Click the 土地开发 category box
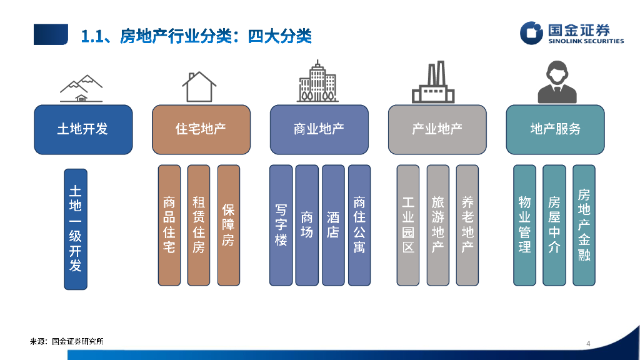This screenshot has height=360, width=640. click(x=83, y=129)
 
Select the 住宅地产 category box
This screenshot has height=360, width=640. click(x=201, y=129)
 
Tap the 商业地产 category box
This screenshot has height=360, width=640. click(x=319, y=129)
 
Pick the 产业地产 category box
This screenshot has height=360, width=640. click(x=437, y=129)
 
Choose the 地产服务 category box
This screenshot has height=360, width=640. click(x=555, y=129)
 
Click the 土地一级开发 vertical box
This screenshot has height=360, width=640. click(x=76, y=229)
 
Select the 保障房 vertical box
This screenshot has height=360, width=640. click(x=228, y=225)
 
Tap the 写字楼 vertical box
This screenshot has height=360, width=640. click(x=281, y=225)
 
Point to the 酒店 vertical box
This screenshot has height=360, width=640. click(x=333, y=225)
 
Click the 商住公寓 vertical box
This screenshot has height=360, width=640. click(x=359, y=225)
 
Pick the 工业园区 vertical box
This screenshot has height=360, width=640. click(x=408, y=225)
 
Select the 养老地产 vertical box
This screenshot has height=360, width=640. click(x=467, y=225)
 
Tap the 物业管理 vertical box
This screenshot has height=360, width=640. click(x=524, y=225)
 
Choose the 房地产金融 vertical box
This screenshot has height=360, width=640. click(x=584, y=225)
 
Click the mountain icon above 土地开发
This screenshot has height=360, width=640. click(x=81, y=89)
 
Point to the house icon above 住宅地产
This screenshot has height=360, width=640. click(x=199, y=87)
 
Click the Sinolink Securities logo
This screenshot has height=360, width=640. click(x=572, y=33)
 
